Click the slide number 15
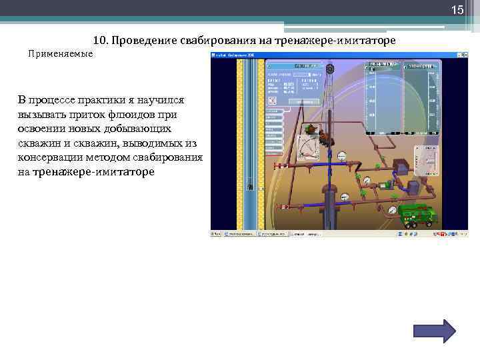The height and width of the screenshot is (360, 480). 457,10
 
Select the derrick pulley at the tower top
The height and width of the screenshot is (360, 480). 330,68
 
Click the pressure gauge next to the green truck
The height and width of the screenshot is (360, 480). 393,209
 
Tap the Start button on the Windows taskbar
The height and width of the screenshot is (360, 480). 217,234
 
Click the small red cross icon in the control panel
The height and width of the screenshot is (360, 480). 272,100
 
